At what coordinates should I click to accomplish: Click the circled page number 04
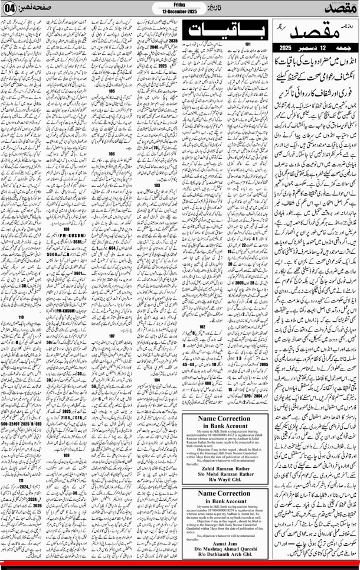[9, 9]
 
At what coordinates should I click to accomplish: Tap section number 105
[112, 92]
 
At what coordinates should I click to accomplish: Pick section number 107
[112, 335]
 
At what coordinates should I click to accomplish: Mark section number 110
[22, 317]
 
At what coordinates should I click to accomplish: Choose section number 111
[22, 480]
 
